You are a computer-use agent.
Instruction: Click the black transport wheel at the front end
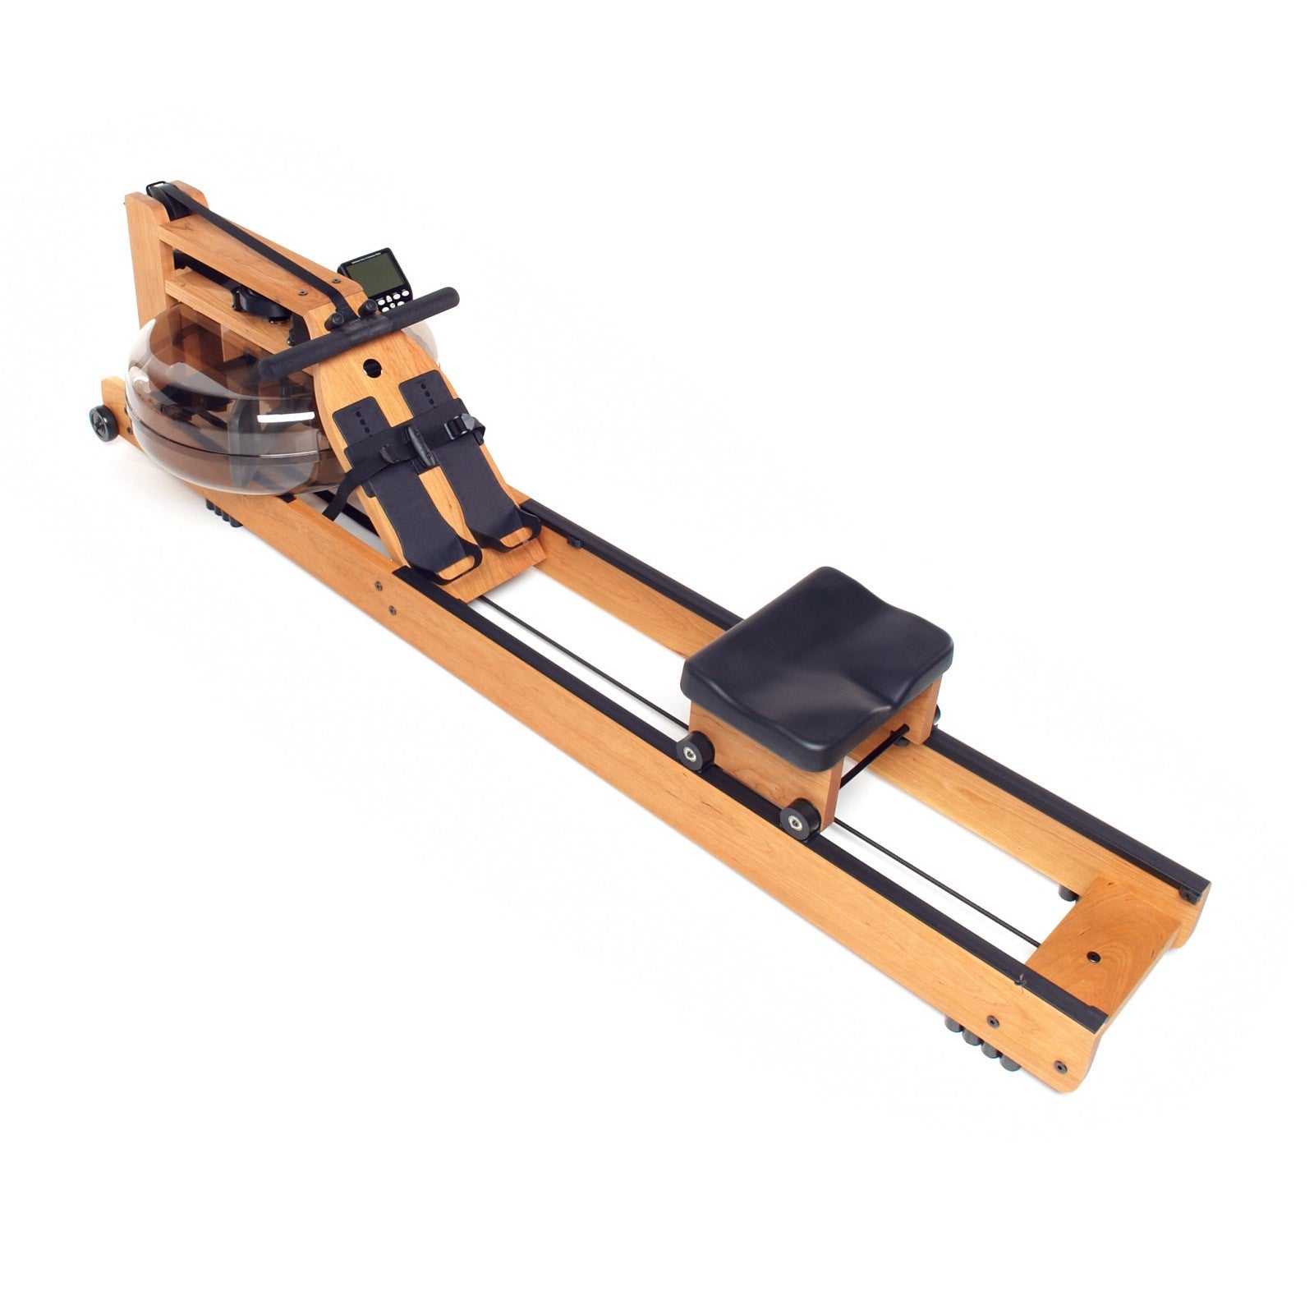click(x=104, y=423)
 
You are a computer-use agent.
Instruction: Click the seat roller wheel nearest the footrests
click(x=694, y=749)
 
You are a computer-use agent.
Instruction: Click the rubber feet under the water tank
click(x=223, y=514)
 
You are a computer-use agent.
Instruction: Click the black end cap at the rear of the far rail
click(x=1192, y=891)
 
